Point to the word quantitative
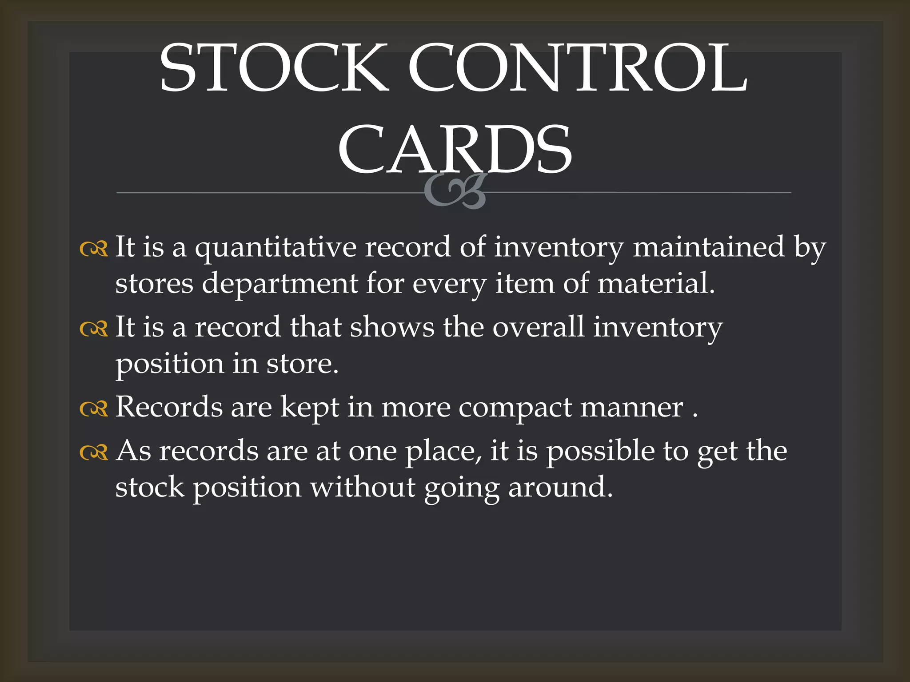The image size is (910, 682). click(275, 248)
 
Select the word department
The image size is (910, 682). click(280, 284)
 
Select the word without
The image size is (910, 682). click(363, 487)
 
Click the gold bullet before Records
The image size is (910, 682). click(94, 408)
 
